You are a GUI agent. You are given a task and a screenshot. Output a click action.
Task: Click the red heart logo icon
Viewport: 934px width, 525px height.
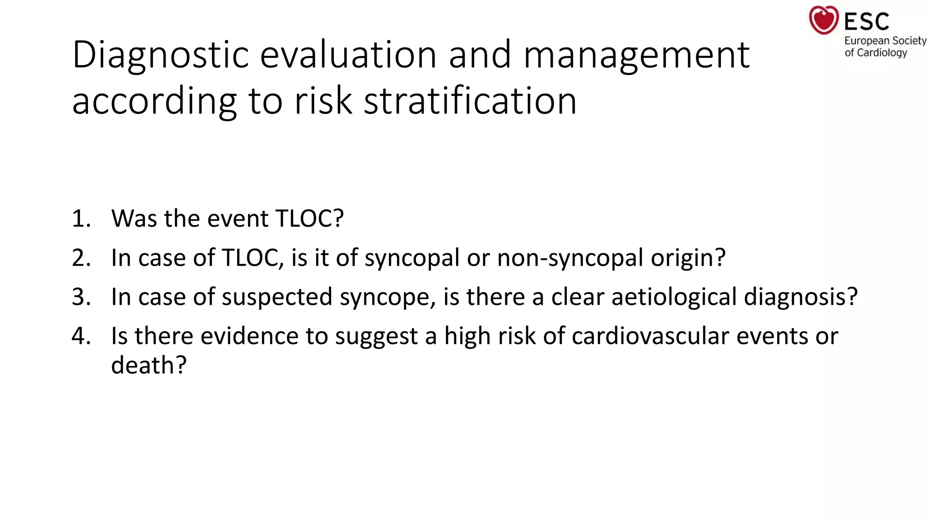823,20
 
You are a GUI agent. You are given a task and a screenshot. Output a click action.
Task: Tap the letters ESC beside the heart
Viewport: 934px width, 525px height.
867,21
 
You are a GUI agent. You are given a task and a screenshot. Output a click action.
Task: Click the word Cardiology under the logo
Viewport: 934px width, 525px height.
882,53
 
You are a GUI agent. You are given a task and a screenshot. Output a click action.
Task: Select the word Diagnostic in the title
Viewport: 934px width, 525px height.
161,56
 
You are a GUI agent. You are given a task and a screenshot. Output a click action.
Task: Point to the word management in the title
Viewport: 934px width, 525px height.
636,56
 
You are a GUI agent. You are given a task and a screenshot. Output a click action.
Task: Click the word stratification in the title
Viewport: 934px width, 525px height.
470,101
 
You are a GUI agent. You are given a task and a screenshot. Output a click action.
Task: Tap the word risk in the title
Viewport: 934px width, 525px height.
323,101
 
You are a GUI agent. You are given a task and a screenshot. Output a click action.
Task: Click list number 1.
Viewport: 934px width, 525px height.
81,219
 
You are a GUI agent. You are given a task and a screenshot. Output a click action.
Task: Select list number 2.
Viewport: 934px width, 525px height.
81,258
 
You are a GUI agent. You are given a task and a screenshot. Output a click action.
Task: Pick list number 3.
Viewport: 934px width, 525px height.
81,297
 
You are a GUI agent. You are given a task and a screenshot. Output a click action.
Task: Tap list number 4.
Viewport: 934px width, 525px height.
81,336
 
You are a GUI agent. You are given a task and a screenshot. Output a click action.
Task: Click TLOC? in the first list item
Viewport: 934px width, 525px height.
310,219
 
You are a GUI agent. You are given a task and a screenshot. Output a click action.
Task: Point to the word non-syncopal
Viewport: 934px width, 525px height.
570,258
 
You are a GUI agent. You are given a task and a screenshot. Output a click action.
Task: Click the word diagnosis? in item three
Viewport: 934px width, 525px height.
801,298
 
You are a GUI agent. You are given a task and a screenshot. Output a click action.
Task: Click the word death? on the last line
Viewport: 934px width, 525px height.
149,365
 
